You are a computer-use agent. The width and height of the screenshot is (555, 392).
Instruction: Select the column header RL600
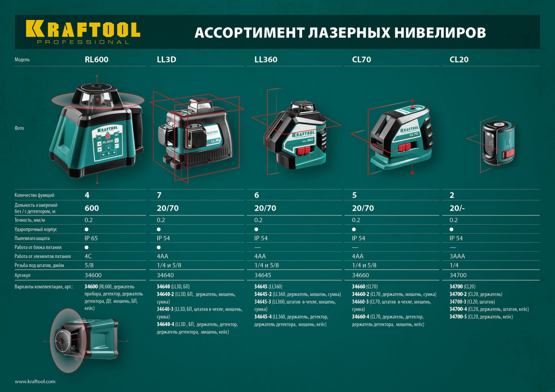pyautogui.click(x=96, y=60)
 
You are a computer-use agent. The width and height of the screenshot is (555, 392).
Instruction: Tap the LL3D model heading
pyautogui.click(x=166, y=60)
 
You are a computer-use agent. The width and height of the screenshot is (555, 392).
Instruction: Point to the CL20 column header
pyautogui.click(x=459, y=60)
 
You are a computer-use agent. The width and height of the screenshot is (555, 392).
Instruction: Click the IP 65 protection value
pyautogui.click(x=91, y=238)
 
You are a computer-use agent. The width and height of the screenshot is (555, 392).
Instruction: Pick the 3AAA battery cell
pyautogui.click(x=457, y=256)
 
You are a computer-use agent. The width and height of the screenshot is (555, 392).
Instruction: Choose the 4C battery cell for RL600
pyautogui.click(x=88, y=256)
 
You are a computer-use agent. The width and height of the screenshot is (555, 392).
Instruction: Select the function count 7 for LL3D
pyautogui.click(x=159, y=195)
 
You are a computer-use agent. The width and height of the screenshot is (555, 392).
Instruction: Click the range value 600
pyautogui.click(x=92, y=208)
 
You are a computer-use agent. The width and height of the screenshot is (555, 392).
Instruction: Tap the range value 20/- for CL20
pyautogui.click(x=457, y=208)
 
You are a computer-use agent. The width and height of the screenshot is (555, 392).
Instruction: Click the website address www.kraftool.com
pyautogui.click(x=35, y=381)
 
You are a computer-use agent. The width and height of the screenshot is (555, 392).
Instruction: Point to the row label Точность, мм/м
pyautogui.click(x=30, y=220)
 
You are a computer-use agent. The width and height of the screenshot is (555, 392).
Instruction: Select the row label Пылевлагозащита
pyautogui.click(x=32, y=238)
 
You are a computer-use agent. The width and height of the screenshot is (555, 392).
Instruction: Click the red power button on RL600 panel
pyautogui.click(x=108, y=136)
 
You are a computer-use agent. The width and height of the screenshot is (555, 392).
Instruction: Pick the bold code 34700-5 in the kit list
pyautogui.click(x=458, y=317)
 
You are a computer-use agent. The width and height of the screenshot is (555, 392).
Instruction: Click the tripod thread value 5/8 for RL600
pyautogui.click(x=89, y=265)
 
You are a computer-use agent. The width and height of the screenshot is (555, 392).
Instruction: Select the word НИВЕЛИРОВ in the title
pyautogui.click(x=440, y=32)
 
